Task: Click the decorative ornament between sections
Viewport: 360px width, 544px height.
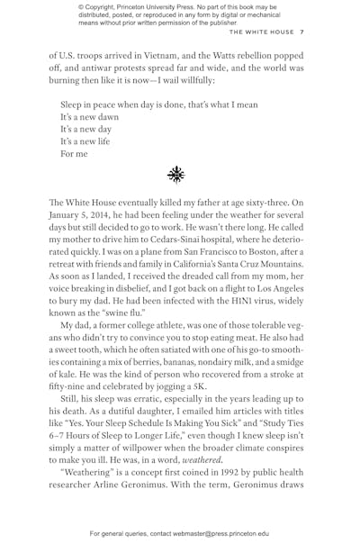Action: (x=175, y=174)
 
